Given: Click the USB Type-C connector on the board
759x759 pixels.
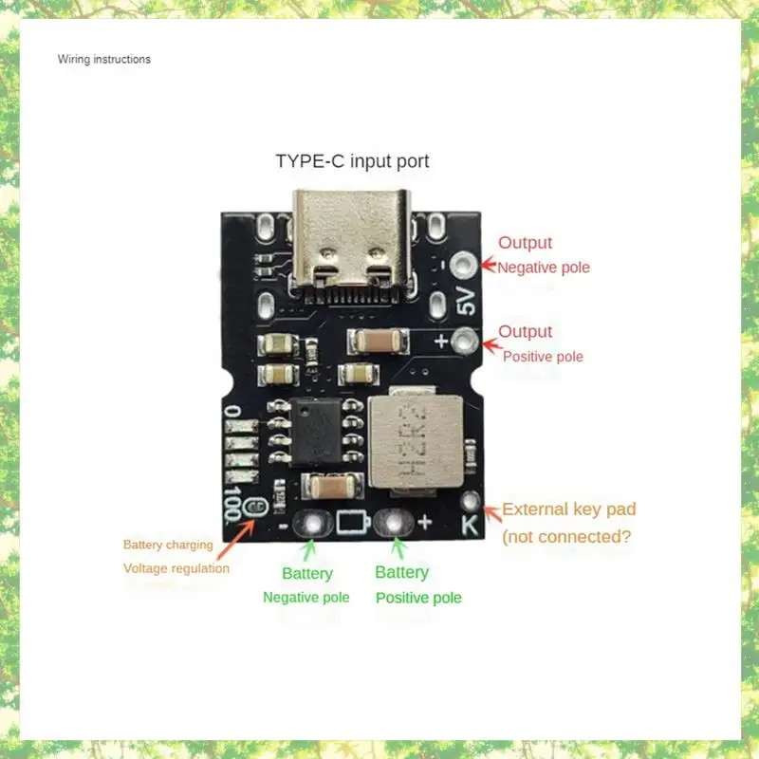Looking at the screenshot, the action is point(351,237).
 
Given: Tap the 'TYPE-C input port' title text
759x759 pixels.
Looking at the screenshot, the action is point(352,161).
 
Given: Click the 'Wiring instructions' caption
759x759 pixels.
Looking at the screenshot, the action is point(103,59).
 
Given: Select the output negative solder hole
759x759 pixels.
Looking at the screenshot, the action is point(465,265).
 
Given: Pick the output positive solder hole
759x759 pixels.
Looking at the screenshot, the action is point(463,340).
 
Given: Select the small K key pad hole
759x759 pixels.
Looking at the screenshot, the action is point(469,500).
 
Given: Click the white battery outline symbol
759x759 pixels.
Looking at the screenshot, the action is point(349,523).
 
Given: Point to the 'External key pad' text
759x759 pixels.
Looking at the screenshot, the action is point(568,509).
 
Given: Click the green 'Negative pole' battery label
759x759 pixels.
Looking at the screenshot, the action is point(305,598).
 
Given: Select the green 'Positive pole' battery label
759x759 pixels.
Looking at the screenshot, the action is point(418,598).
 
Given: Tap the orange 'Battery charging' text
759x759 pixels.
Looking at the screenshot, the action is point(168,545).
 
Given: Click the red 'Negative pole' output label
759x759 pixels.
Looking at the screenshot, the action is point(544,268).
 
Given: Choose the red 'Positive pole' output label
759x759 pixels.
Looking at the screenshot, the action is point(543,357).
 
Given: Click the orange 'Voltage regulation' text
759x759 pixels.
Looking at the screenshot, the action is point(176,568).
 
